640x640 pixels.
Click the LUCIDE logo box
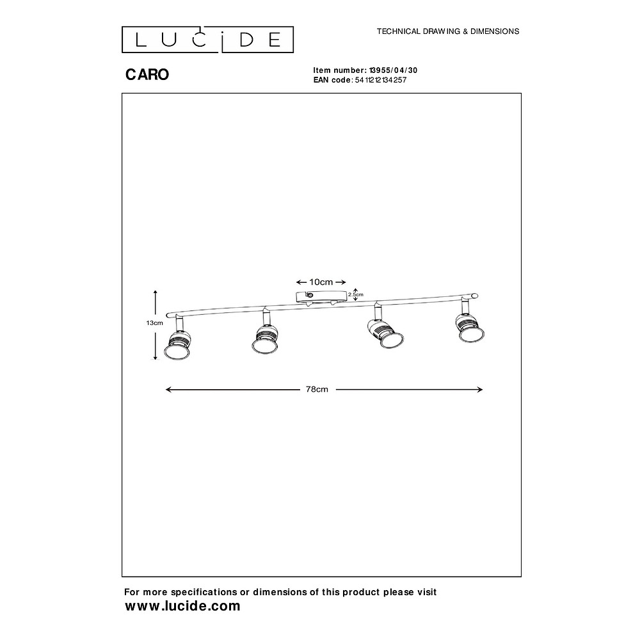pos(207,40)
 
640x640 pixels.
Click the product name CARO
pos(147,74)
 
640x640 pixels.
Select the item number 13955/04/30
pos(393,70)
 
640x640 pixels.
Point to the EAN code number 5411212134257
pos(381,80)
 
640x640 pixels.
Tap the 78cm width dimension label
pos(317,389)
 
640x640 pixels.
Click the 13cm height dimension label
pos(155,323)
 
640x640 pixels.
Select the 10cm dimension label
pos(321,282)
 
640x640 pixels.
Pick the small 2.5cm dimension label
pos(355,294)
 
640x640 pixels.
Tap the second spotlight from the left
pos(266,333)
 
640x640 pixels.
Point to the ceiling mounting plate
pos(321,297)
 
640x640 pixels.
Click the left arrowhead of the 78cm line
pos(166,390)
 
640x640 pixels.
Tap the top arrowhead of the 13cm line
pos(155,291)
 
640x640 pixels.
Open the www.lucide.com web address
pos(182,606)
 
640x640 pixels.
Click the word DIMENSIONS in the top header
pos(495,31)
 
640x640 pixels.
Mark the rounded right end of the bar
pos(474,296)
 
